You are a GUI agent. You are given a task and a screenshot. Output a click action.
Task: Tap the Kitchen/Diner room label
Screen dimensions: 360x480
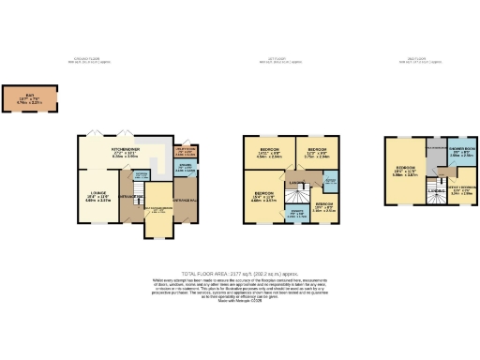(x=125, y=152)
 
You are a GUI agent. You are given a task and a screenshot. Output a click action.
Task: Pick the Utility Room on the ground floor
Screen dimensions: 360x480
(x=184, y=152)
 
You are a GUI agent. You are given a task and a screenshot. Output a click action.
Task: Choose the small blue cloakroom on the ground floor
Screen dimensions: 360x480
(x=141, y=178)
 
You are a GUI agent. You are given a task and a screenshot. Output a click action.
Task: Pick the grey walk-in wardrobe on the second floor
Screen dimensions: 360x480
(x=435, y=150)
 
